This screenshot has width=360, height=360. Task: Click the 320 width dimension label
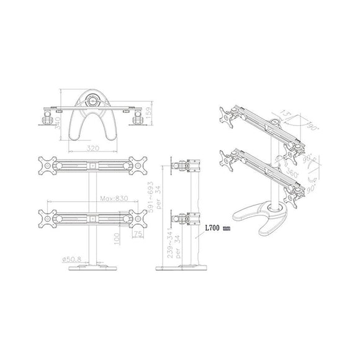(x=92, y=148)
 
